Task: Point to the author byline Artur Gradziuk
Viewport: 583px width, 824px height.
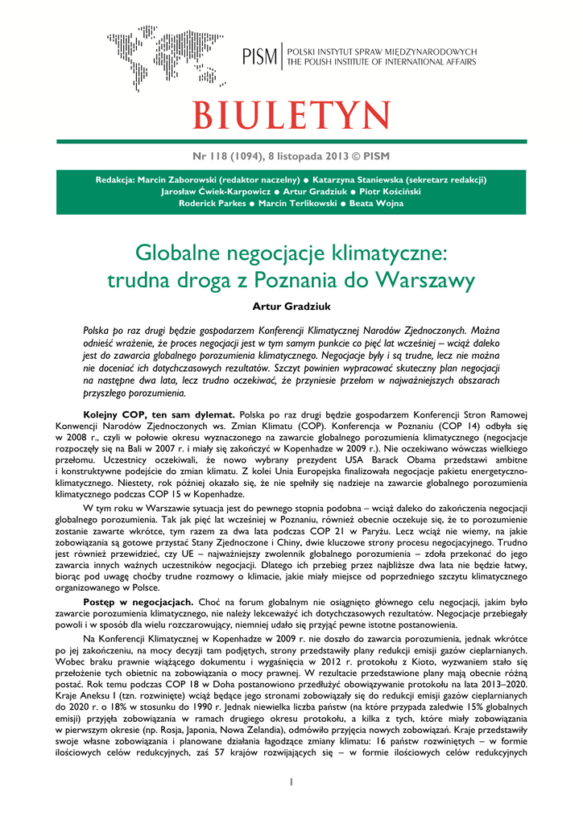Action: pyautogui.click(x=291, y=307)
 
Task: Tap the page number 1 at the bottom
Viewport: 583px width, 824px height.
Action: pyautogui.click(x=291, y=781)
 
